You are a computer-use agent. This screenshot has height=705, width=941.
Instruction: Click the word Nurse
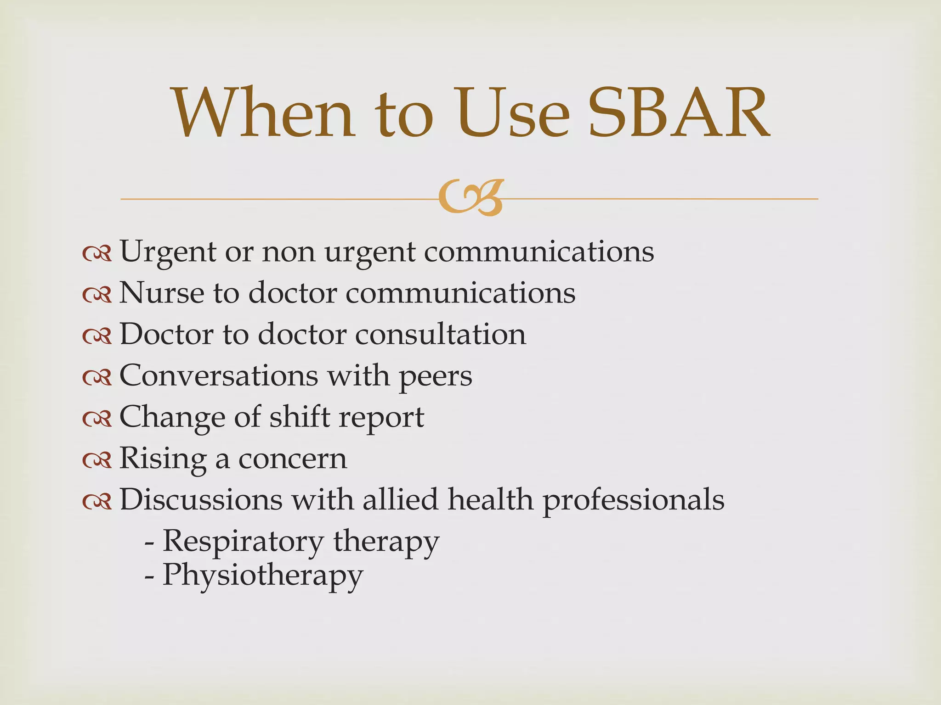pos(161,293)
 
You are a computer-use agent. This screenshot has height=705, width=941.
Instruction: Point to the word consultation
pos(441,334)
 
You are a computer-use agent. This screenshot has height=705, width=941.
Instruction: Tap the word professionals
pos(634,500)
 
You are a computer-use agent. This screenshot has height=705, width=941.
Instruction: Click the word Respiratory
pos(243,542)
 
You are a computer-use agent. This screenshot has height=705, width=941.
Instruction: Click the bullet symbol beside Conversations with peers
pos(97,377)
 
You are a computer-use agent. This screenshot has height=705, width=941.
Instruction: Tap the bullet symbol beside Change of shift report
pos(97,418)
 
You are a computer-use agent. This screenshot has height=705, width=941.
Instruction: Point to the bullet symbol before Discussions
pos(97,501)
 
